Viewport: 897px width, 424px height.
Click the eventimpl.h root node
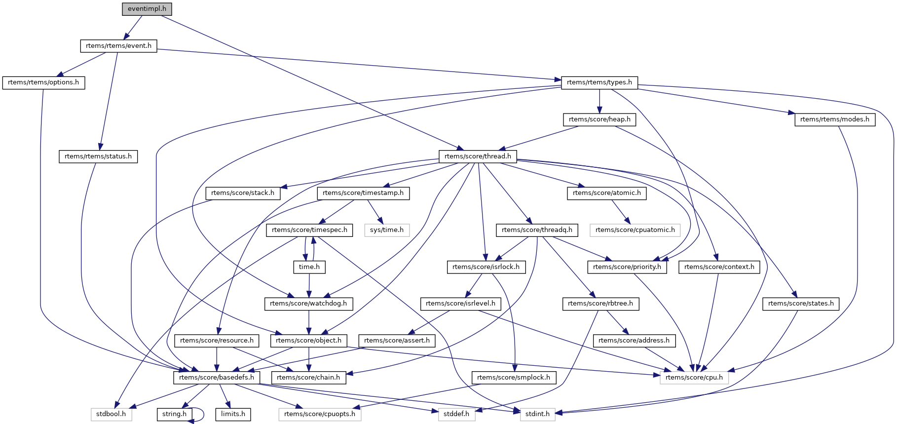point(147,9)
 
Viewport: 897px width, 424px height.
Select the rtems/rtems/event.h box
point(118,46)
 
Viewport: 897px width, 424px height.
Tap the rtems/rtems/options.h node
point(43,82)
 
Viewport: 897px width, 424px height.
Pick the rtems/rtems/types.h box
point(599,82)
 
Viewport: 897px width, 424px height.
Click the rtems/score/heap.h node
point(599,119)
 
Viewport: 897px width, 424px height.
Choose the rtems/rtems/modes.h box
point(835,119)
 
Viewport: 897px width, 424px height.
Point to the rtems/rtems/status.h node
point(98,156)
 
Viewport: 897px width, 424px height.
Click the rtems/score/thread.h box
point(478,156)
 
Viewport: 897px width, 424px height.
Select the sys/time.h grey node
point(387,230)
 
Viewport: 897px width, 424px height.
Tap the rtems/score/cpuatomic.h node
point(635,230)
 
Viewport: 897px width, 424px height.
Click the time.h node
point(309,267)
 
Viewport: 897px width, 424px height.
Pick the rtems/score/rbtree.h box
point(600,304)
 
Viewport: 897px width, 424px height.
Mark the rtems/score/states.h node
point(801,304)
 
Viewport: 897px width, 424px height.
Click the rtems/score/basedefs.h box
point(217,378)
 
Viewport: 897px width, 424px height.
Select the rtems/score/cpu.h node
point(694,378)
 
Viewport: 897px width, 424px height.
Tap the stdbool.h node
point(111,414)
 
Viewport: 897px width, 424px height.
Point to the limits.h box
point(233,414)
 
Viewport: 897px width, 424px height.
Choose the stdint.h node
point(537,414)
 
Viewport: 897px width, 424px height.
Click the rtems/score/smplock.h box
point(514,378)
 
